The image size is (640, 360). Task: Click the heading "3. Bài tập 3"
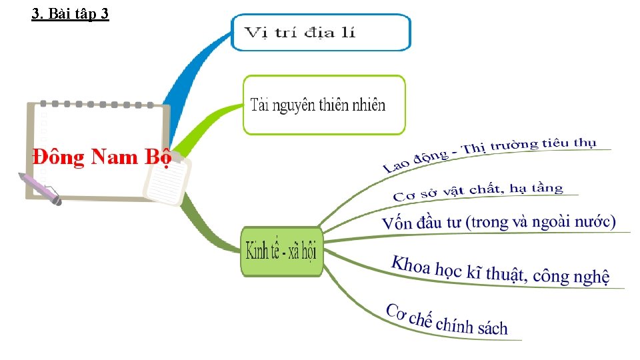[x=70, y=13]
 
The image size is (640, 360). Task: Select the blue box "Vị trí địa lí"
[x=321, y=33]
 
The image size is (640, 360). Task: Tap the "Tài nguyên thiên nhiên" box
[x=323, y=105]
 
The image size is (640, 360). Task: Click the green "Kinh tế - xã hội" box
[x=281, y=251]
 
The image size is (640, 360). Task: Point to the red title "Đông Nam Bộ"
[x=101, y=157]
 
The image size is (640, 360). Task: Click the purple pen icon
[x=39, y=187]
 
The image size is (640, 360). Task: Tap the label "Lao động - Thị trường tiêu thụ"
[x=490, y=154]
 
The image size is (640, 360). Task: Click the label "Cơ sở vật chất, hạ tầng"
[x=478, y=191]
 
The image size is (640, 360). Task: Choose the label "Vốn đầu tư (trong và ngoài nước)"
[x=499, y=222]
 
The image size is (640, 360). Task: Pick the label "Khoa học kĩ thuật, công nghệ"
[x=500, y=269]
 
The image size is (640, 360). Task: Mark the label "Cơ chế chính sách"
[x=446, y=320]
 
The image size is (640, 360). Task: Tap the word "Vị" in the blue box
[x=254, y=33]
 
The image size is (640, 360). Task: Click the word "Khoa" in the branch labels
[x=410, y=265]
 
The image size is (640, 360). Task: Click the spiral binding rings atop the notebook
[x=97, y=105]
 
